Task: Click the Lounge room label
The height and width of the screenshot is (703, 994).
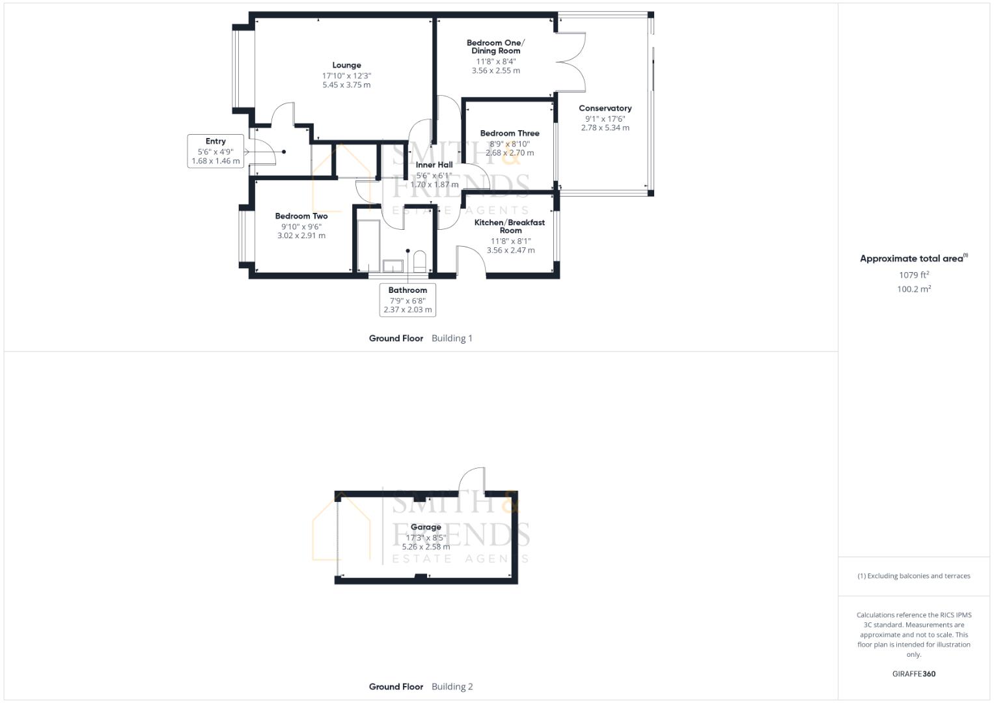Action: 346,65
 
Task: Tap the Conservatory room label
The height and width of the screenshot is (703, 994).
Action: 605,108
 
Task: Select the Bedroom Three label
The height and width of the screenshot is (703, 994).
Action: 510,133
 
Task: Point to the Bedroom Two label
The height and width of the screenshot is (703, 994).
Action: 301,216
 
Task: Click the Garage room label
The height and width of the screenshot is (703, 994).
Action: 426,527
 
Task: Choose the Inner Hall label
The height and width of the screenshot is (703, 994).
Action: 434,165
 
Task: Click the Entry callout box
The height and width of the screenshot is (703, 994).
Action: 215,151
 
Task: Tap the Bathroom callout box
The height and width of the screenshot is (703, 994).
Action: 407,299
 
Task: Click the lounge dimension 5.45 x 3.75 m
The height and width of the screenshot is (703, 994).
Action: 346,85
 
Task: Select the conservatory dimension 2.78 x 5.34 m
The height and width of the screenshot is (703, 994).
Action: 605,128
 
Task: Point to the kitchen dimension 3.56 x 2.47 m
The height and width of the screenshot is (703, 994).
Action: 510,250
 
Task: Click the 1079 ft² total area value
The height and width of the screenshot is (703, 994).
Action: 913,275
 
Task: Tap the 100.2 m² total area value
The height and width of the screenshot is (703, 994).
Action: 913,290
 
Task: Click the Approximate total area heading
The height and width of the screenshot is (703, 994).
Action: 913,258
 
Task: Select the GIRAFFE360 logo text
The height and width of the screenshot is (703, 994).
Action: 913,674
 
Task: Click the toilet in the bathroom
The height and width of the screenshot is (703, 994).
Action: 420,262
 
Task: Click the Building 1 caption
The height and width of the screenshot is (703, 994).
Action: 452,338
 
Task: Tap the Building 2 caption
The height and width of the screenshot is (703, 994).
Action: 452,687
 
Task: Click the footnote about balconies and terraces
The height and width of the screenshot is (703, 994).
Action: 913,576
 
